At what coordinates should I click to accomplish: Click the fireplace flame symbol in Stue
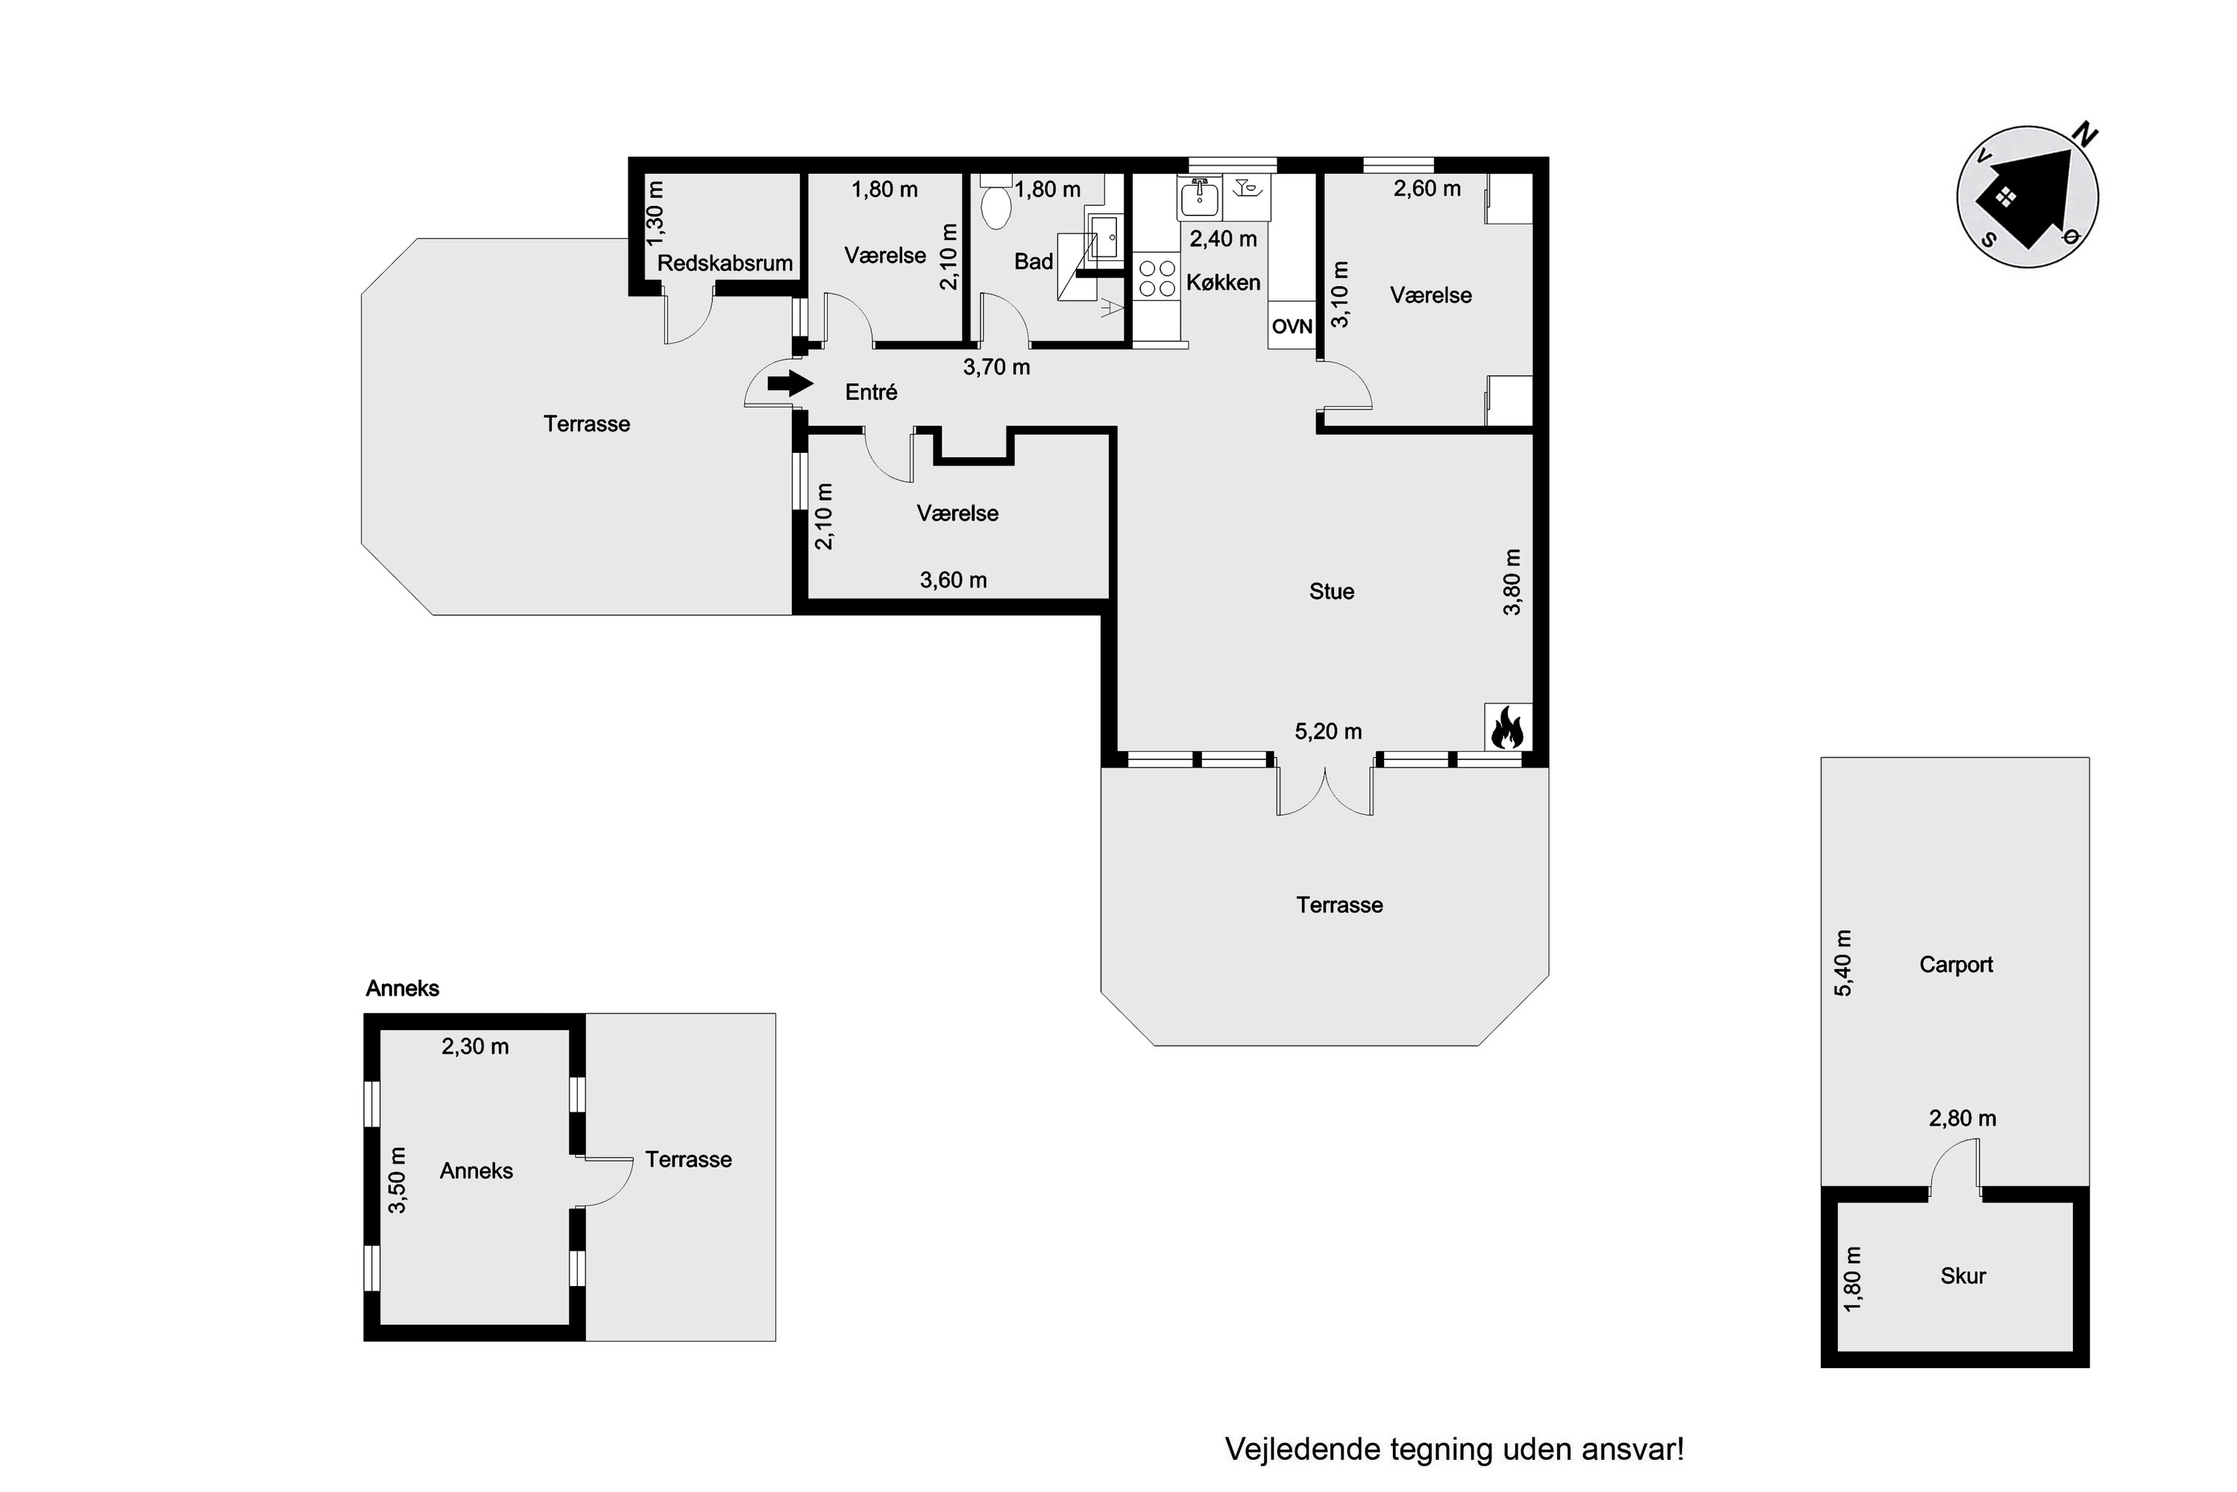click(x=1508, y=728)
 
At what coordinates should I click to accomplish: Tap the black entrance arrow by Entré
click(x=790, y=383)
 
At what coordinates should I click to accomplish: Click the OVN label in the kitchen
click(x=1291, y=327)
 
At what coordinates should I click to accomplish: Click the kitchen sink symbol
click(x=1201, y=198)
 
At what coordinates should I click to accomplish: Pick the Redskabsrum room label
click(x=725, y=263)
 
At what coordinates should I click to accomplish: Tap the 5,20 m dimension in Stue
click(x=1328, y=732)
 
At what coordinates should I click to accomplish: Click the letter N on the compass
click(x=2086, y=134)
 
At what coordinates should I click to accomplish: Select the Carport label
click(x=1955, y=965)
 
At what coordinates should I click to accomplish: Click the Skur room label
click(x=1963, y=1276)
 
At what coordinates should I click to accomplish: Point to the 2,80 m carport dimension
click(x=1962, y=1118)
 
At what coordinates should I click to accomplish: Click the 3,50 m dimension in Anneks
click(x=397, y=1180)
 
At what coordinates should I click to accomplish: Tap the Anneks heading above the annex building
click(x=403, y=988)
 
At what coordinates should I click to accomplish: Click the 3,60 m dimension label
click(x=953, y=580)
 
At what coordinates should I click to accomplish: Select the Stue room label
click(x=1332, y=592)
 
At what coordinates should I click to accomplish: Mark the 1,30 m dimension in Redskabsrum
click(x=655, y=213)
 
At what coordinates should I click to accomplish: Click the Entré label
click(x=871, y=392)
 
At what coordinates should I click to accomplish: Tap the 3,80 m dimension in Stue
click(x=1512, y=581)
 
